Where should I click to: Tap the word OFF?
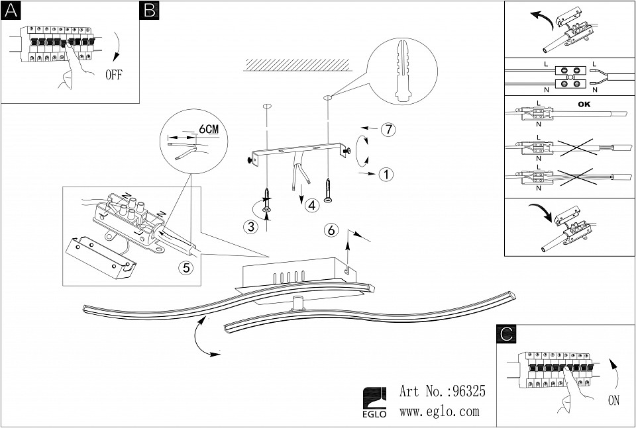coord(113,74)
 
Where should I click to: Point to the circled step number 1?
coord(387,175)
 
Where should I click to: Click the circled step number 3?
coord(250,227)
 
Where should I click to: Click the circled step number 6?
coord(332,230)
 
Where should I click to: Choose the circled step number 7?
coord(388,129)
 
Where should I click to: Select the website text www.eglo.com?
coord(439,411)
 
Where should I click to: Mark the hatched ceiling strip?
coord(295,64)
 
